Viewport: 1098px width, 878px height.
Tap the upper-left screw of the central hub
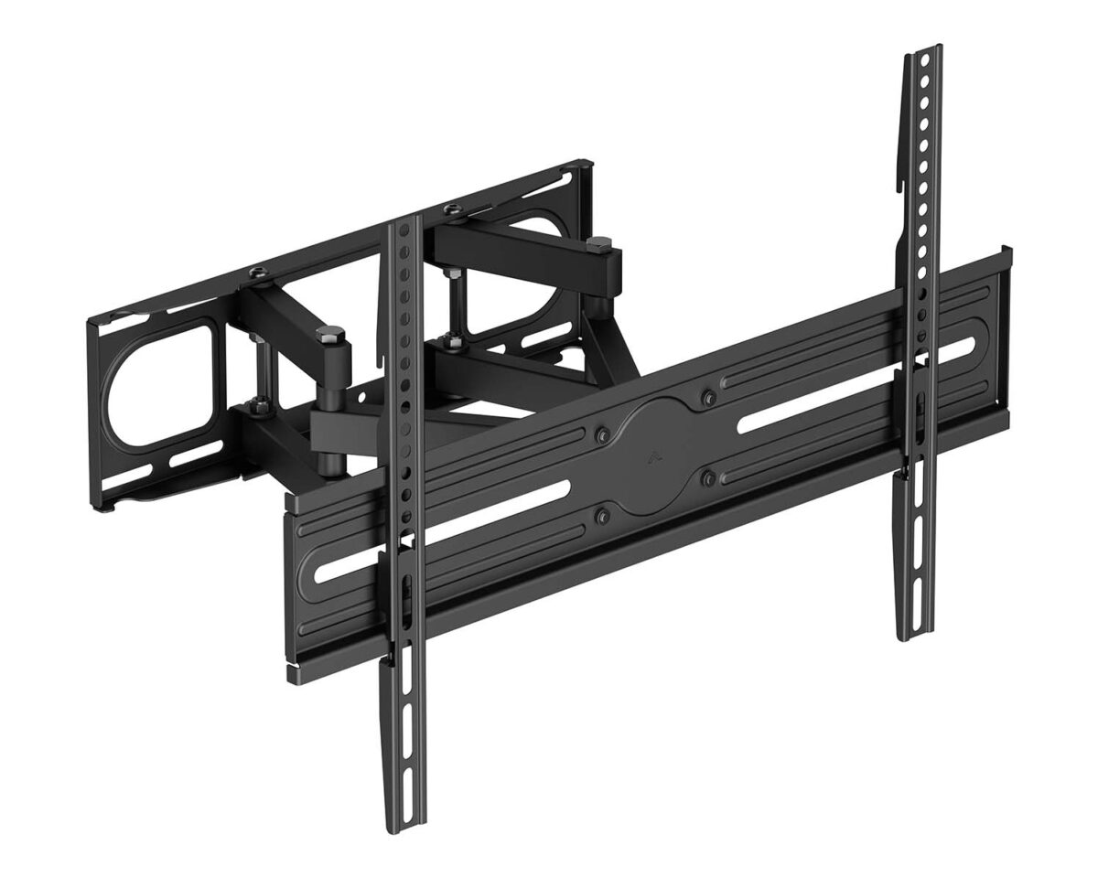(603, 434)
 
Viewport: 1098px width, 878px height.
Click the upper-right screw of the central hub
(707, 396)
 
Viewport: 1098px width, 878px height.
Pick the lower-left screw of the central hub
(601, 517)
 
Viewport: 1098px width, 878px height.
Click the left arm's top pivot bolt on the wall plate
(259, 272)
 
